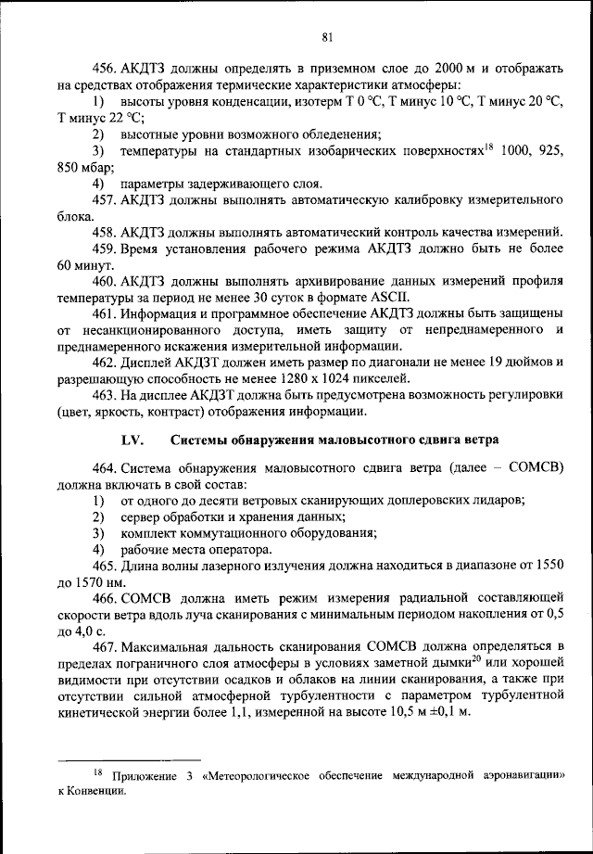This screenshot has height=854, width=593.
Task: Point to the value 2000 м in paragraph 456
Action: pyautogui.click(x=427, y=70)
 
